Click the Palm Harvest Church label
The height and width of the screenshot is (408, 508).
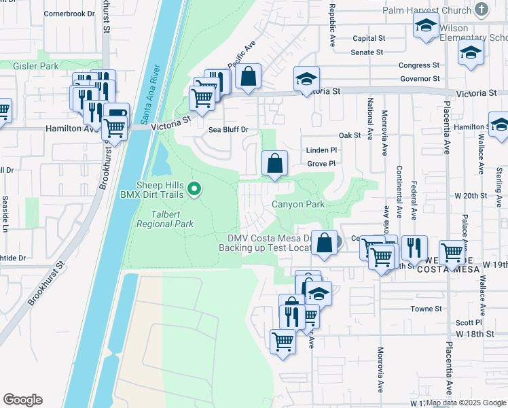pos(427,10)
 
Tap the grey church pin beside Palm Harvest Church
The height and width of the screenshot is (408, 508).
pos(482,10)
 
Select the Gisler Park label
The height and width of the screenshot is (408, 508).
pos(36,66)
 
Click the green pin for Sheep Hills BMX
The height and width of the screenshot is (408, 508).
pos(196,188)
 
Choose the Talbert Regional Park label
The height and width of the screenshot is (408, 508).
pos(165,218)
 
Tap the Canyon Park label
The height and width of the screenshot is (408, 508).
pos(298,204)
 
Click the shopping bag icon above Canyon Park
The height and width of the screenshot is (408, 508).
pos(275,164)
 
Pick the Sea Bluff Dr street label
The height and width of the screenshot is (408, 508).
pos(229,129)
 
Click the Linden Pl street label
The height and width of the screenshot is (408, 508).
pos(321,150)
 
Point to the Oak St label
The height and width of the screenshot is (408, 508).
pos(349,135)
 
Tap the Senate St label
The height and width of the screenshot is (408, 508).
pos(367,52)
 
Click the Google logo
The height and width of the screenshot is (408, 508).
pos(22,400)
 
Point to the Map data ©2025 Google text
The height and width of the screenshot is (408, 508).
pos(467,403)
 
